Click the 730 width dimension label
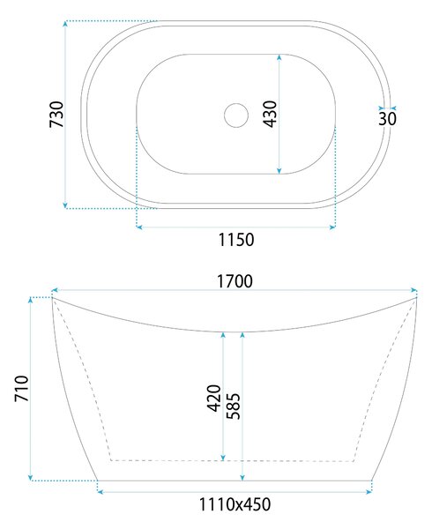tap(56, 114)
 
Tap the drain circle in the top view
tap(236, 115)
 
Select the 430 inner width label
tap(270, 114)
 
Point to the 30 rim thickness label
tap(387, 119)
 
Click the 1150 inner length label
tap(236, 240)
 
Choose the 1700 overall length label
tap(235, 281)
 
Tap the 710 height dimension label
tap(21, 388)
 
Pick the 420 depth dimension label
tap(214, 399)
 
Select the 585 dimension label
tap(233, 406)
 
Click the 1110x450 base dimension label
tap(235, 504)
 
